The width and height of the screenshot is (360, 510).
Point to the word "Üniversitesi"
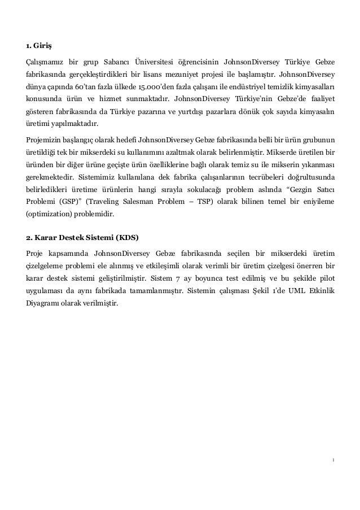tap(169, 62)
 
